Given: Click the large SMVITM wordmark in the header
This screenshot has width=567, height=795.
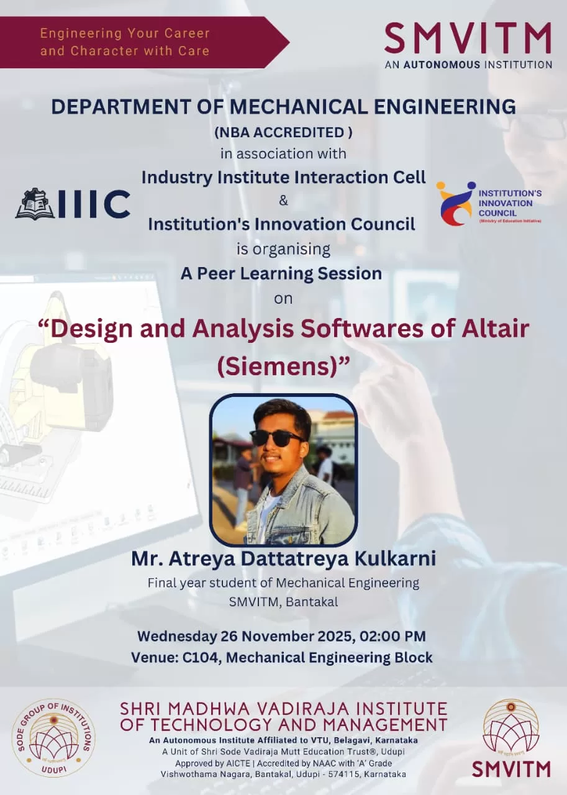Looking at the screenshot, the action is click(468, 38).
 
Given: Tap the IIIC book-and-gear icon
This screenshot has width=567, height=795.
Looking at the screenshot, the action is click(35, 203).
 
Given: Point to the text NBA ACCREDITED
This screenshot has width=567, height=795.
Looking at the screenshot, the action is click(283, 132).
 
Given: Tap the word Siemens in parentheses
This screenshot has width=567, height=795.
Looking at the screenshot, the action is click(279, 366).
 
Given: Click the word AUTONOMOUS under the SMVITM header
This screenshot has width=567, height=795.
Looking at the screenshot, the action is click(442, 65).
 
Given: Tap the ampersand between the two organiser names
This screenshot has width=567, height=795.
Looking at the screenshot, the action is click(283, 201).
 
